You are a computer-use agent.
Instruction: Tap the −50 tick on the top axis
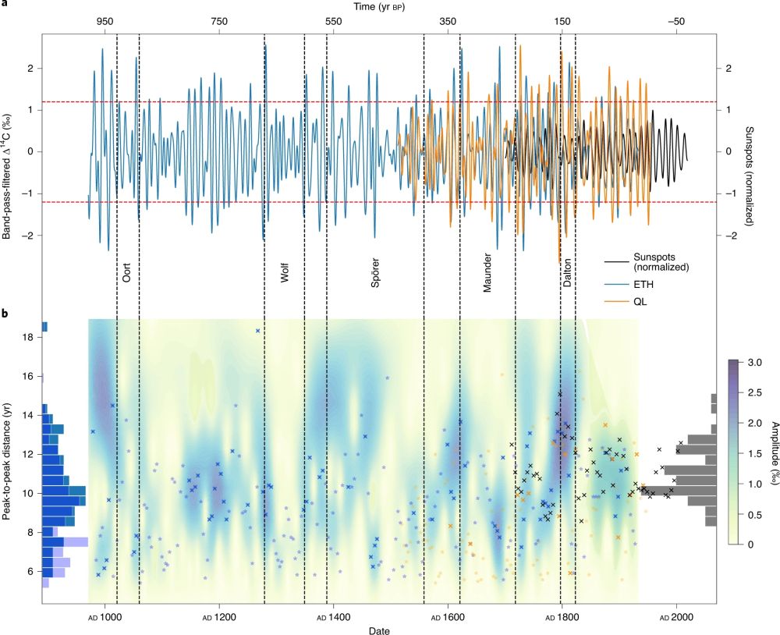click(675, 22)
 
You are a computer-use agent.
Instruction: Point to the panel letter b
click(6, 314)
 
